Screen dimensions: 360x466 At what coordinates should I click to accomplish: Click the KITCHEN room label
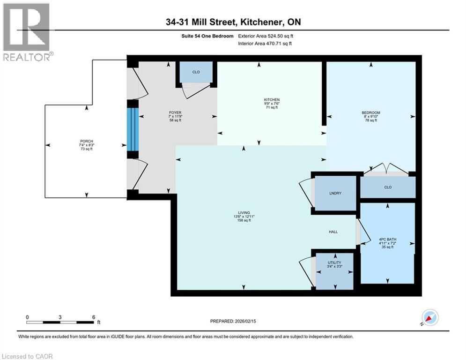(x=272, y=100)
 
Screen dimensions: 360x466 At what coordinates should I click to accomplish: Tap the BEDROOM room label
(x=370, y=113)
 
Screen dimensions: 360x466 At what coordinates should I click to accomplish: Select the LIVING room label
(x=244, y=212)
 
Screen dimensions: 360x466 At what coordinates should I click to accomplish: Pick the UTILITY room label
(x=334, y=262)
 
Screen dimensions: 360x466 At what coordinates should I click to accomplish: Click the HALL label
(x=333, y=232)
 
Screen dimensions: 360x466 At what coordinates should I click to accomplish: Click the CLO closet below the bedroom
(x=388, y=187)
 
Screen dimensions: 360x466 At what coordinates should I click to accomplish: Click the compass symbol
(x=430, y=318)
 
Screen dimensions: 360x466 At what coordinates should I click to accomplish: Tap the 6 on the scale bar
(x=94, y=317)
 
